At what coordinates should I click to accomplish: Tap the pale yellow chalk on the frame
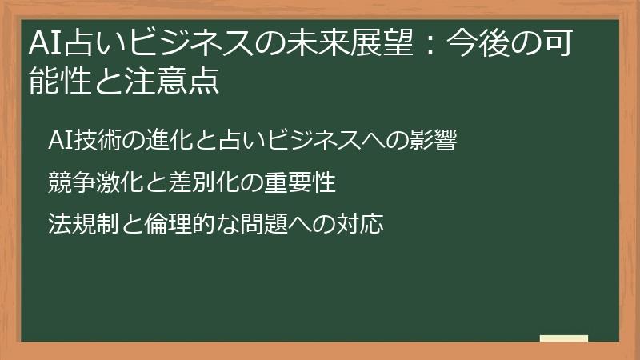coord(563,338)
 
